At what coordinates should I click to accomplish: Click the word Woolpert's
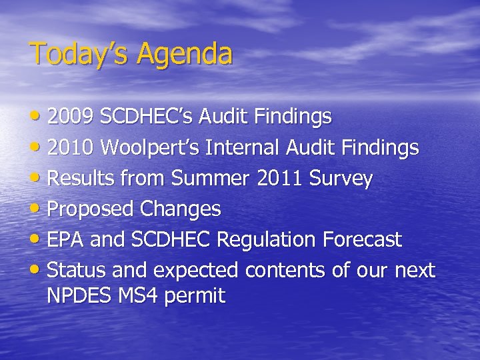pyautogui.click(x=152, y=147)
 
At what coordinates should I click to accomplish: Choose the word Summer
pyautogui.click(x=213, y=178)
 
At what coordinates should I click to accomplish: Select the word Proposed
pyautogui.click(x=91, y=209)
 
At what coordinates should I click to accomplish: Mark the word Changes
pyautogui.click(x=180, y=209)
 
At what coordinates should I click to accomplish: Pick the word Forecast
pyautogui.click(x=363, y=239)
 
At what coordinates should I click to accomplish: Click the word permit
pyautogui.click(x=199, y=296)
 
